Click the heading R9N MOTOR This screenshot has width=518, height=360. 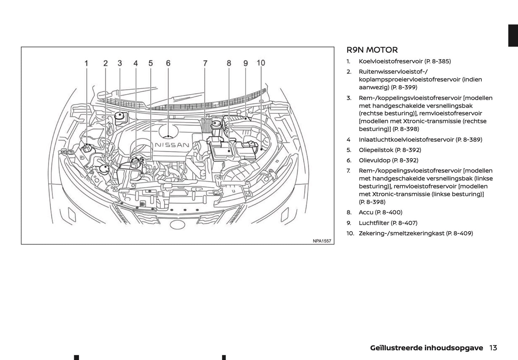pyautogui.click(x=372, y=50)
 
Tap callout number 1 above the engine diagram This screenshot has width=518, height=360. pyautogui.click(x=86, y=63)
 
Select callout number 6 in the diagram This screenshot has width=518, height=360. pyautogui.click(x=168, y=63)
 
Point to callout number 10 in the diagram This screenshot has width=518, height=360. pyautogui.click(x=261, y=63)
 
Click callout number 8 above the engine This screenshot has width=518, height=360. pyautogui.click(x=229, y=63)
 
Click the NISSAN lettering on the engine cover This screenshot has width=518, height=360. pyautogui.click(x=172, y=145)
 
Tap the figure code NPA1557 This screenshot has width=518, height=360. pyautogui.click(x=322, y=241)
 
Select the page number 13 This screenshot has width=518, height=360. pyautogui.click(x=493, y=348)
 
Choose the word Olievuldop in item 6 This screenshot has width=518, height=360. pyautogui.click(x=374, y=160)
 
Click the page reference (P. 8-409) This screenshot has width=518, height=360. pyautogui.click(x=459, y=233)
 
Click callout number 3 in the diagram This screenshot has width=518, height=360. pyautogui.click(x=120, y=63)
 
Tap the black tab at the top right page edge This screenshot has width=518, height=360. pyautogui.click(x=513, y=35)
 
